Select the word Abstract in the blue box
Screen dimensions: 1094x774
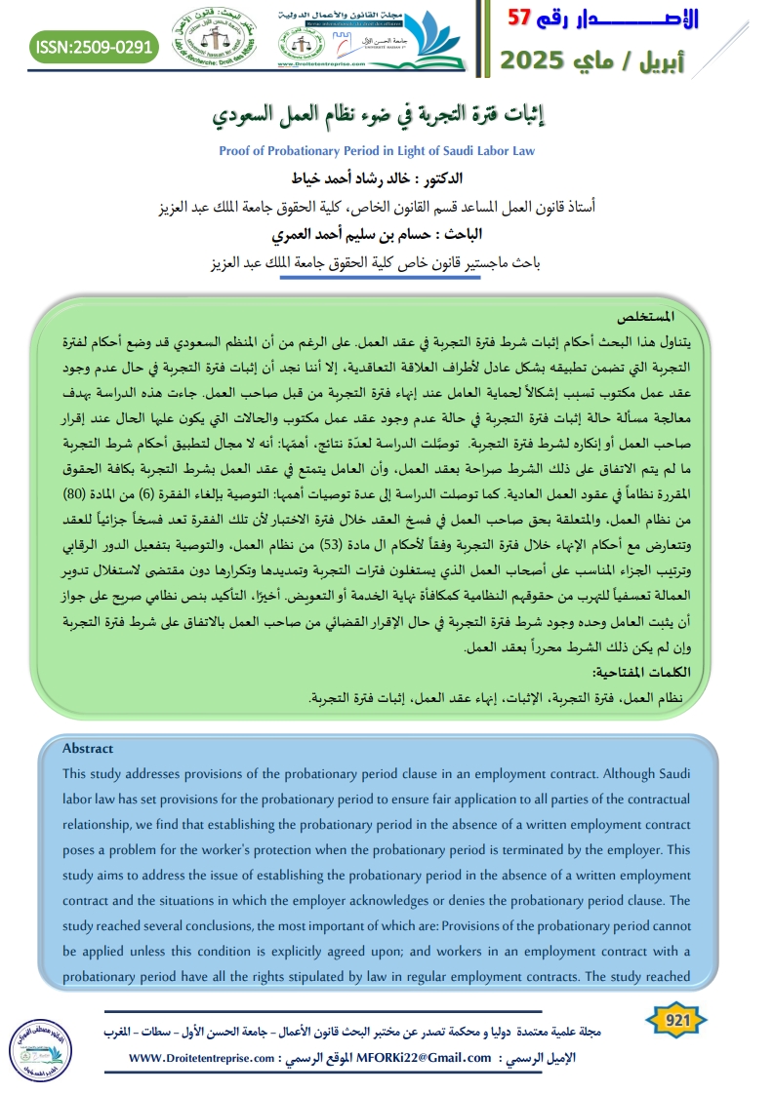88,749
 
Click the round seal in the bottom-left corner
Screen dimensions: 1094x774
40,1044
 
